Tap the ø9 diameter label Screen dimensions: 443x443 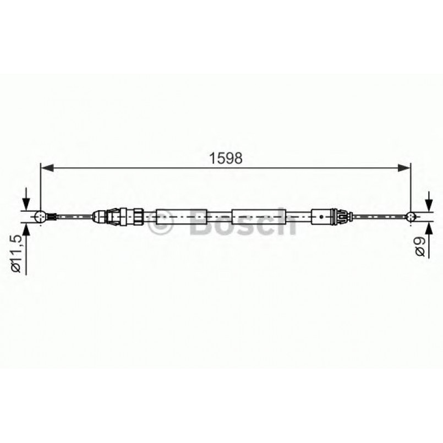click(420, 245)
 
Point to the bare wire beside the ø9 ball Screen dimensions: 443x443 click(380, 216)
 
